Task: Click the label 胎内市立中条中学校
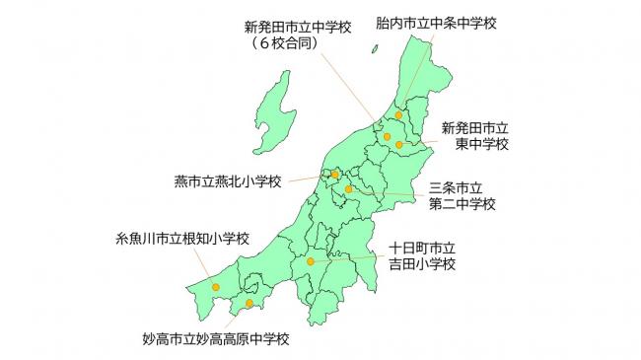[x=435, y=21]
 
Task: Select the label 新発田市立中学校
[x=297, y=28]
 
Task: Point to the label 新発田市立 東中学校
[x=474, y=136]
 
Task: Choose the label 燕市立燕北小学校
[x=228, y=181]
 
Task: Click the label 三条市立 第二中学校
[x=463, y=195]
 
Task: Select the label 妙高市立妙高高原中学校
[x=216, y=340]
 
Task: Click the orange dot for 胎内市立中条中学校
[x=398, y=115]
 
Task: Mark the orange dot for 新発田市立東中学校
[x=399, y=145]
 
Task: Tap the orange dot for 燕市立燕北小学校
[x=335, y=175]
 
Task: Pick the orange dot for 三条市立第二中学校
[x=348, y=188]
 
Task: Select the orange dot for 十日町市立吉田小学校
[x=311, y=261]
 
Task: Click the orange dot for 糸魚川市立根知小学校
[x=216, y=287]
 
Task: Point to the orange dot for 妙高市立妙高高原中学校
[x=249, y=303]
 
